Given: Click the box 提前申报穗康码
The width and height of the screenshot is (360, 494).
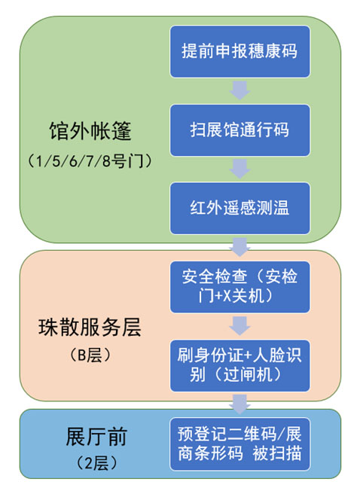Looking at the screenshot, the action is coord(239,51).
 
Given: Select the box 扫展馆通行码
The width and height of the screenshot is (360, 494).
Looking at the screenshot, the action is coord(239,130).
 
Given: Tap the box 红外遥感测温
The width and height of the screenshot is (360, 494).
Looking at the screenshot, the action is coord(239,209).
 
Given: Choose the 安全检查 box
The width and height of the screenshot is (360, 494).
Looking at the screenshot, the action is coord(239,287).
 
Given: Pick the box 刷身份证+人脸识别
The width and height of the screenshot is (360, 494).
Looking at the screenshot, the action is coord(239,365).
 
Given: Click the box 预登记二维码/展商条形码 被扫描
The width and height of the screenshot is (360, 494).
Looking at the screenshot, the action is coord(239,444).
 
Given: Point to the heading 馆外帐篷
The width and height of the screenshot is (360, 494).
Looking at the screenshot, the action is coord(90,131).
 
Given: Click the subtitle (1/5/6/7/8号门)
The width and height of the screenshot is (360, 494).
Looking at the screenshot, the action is coord(90,161).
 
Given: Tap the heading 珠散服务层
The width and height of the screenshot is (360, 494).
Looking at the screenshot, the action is coord(90,328).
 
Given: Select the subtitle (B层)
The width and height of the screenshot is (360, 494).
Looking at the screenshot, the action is coord(90,355).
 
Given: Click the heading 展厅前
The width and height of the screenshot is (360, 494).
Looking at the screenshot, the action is coord(96,437).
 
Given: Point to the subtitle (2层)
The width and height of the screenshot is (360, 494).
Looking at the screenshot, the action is coord(96,463).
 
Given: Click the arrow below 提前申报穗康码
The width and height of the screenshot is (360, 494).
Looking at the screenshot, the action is coord(239,90).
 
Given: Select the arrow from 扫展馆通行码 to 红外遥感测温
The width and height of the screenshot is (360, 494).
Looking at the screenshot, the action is coord(239,169).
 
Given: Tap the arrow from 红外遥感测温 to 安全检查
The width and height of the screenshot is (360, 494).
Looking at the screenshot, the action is coord(239,247).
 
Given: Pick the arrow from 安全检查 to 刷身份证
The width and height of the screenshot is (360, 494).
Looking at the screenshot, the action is coord(239,326).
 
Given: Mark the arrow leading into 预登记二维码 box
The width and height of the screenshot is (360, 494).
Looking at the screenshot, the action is coord(239,404).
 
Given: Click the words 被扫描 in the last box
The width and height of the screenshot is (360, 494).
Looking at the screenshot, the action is coord(277,453).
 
